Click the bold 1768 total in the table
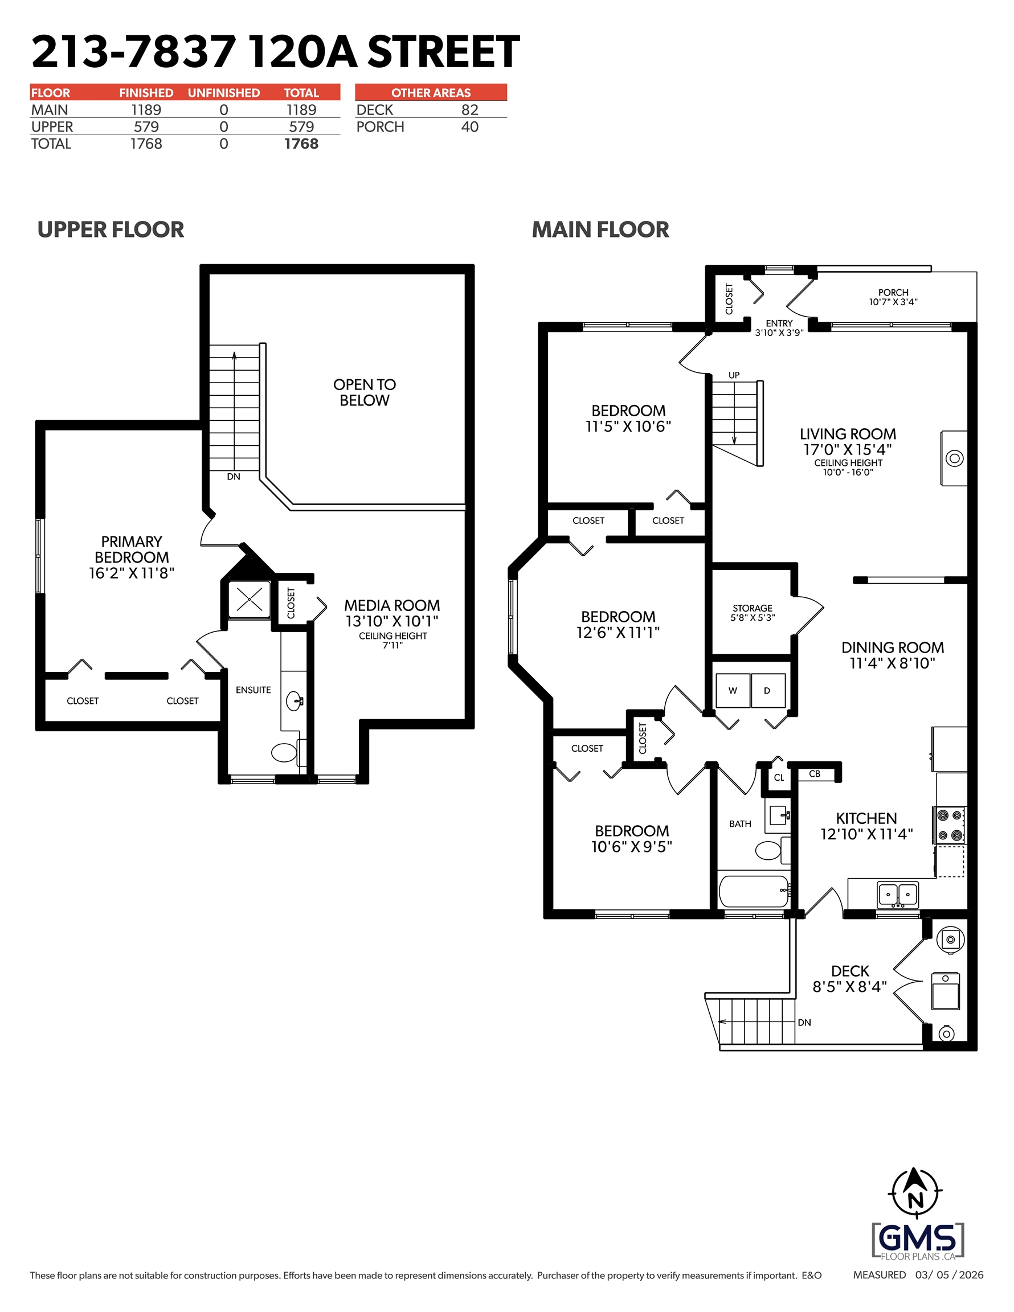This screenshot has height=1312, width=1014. pyautogui.click(x=301, y=143)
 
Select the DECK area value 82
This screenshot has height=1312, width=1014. pyautogui.click(x=469, y=110)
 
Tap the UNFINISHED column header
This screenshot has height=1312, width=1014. pyautogui.click(x=224, y=92)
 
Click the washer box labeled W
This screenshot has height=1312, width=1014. pyautogui.click(x=733, y=690)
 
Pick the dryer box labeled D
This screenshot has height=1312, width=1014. pyautogui.click(x=767, y=690)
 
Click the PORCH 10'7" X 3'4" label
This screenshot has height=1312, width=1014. pyautogui.click(x=893, y=297)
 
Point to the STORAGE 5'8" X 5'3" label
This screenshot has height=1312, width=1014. pyautogui.click(x=753, y=613)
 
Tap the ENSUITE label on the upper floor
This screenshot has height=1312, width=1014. pyautogui.click(x=253, y=690)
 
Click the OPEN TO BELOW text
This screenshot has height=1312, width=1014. pyautogui.click(x=364, y=392)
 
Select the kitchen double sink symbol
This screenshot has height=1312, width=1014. pyautogui.click(x=898, y=894)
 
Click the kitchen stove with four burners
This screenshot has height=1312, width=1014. pyautogui.click(x=949, y=825)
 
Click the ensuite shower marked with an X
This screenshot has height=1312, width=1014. pyautogui.click(x=250, y=599)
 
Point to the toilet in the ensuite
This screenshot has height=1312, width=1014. pyautogui.click(x=285, y=752)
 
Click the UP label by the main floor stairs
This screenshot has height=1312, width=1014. pyautogui.click(x=734, y=375)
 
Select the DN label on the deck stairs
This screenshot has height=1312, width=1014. pyautogui.click(x=804, y=1023)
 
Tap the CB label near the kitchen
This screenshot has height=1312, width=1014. pyautogui.click(x=815, y=774)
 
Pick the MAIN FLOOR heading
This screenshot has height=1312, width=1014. pyautogui.click(x=600, y=229)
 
